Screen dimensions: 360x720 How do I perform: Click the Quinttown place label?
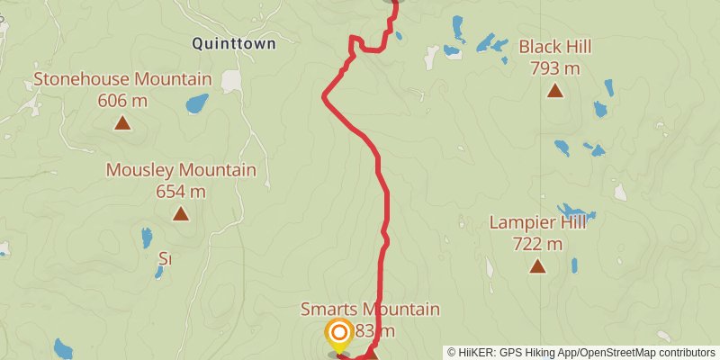click(233, 42)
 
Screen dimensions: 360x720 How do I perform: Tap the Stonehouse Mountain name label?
click(122, 79)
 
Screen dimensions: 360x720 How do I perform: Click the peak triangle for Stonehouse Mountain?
click(122, 122)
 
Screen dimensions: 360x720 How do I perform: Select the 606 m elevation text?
click(122, 100)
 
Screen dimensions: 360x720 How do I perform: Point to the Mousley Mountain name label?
click(181, 169)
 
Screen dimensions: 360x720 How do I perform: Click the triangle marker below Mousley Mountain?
click(181, 213)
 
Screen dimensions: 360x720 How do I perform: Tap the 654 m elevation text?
click(181, 191)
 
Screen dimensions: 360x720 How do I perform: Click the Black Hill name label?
click(555, 47)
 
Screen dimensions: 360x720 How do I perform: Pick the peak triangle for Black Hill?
click(555, 90)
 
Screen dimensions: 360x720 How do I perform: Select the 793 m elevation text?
click(555, 67)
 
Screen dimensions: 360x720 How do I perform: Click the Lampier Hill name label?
click(537, 222)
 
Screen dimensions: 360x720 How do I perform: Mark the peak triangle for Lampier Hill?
click(537, 265)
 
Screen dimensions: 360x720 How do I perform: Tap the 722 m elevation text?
click(537, 243)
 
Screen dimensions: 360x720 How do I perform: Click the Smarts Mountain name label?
click(370, 310)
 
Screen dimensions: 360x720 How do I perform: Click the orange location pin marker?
click(339, 335)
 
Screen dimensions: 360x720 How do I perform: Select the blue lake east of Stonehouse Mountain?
click(196, 103)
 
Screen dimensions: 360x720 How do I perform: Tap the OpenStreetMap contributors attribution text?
click(645, 353)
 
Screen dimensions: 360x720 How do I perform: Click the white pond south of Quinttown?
click(232, 81)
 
